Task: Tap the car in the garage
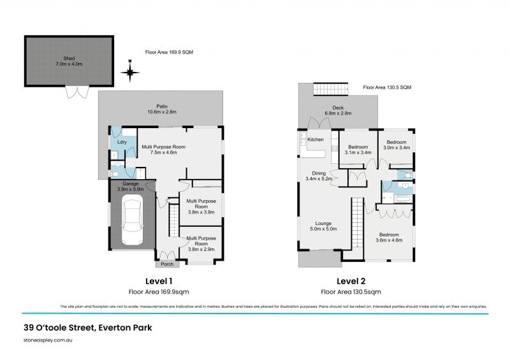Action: click(x=133, y=220)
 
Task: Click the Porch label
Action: click(x=167, y=264)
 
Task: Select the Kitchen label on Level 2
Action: click(x=316, y=140)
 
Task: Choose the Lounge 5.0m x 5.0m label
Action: click(x=323, y=226)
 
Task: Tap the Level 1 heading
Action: click(x=159, y=281)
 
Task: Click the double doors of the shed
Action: click(x=76, y=93)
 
